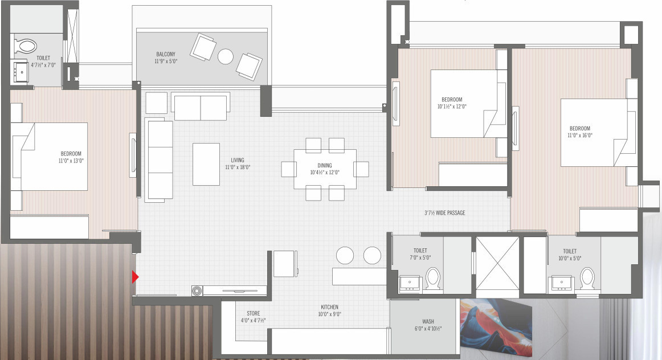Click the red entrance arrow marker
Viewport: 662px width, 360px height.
136,277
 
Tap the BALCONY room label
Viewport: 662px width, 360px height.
166,54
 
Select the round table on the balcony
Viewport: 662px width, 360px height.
226,56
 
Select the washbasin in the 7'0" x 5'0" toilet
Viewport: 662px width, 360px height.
410,283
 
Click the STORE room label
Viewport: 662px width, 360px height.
254,313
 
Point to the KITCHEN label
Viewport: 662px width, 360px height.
329,307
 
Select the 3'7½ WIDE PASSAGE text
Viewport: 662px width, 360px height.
444,213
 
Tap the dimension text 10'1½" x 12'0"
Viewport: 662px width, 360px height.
452,106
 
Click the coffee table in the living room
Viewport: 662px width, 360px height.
206,164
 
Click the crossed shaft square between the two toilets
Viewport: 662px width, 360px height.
497,265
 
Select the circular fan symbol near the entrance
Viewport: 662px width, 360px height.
197,291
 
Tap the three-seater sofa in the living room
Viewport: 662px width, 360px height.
158,159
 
